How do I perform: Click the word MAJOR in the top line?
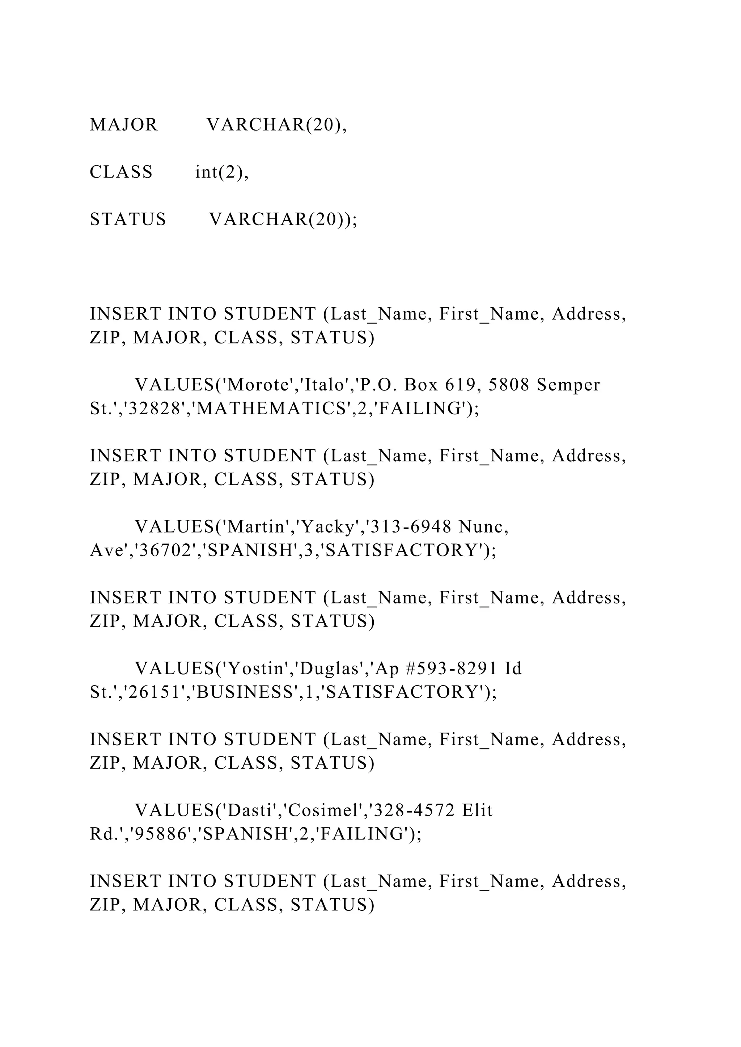(x=124, y=124)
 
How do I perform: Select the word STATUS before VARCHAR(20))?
(x=128, y=219)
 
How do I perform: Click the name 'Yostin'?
(x=258, y=668)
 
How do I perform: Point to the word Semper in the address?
(x=568, y=386)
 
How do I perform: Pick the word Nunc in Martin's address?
(x=483, y=527)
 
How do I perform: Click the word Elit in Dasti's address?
(x=477, y=810)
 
